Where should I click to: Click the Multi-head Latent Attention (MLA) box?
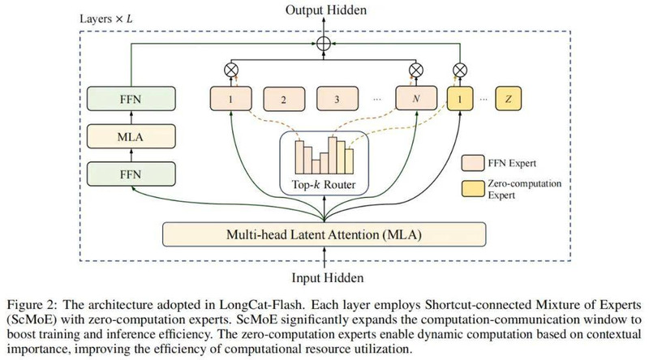point(324,234)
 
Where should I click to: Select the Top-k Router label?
point(324,185)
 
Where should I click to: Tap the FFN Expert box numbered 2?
point(284,99)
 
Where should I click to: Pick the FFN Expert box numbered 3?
point(337,99)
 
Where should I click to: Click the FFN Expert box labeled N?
point(416,98)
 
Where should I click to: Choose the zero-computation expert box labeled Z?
point(509,98)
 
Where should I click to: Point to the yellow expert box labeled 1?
point(460,98)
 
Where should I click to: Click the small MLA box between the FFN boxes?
point(131,136)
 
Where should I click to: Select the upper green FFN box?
point(131,99)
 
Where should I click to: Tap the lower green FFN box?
point(131,174)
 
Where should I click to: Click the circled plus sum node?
point(324,44)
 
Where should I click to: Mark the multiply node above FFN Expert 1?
point(231,70)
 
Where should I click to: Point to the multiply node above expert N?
point(416,70)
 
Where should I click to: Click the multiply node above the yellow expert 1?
point(460,70)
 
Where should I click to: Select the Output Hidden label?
point(326,10)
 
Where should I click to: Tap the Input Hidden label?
point(328,277)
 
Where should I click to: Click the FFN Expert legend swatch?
point(473,163)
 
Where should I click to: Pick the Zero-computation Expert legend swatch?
point(473,189)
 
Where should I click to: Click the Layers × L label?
point(106,19)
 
